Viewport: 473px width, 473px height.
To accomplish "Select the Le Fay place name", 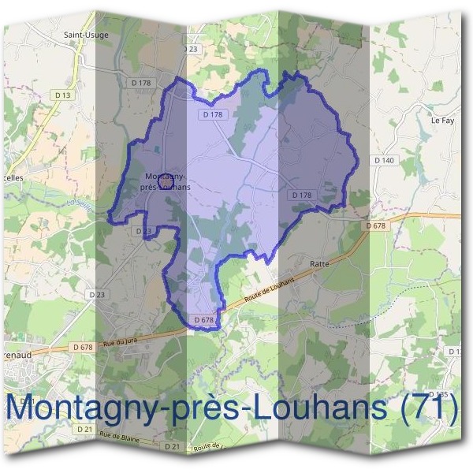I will [442, 121].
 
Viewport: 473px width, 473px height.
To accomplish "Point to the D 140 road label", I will [384, 160].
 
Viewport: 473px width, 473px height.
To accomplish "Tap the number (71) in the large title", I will [429, 408].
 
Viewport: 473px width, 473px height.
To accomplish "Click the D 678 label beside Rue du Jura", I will [82, 347].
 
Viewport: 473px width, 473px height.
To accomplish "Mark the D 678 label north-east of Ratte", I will [377, 226].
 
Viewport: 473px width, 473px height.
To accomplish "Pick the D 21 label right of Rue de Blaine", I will [172, 446].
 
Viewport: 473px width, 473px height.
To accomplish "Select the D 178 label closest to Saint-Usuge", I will [142, 83].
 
